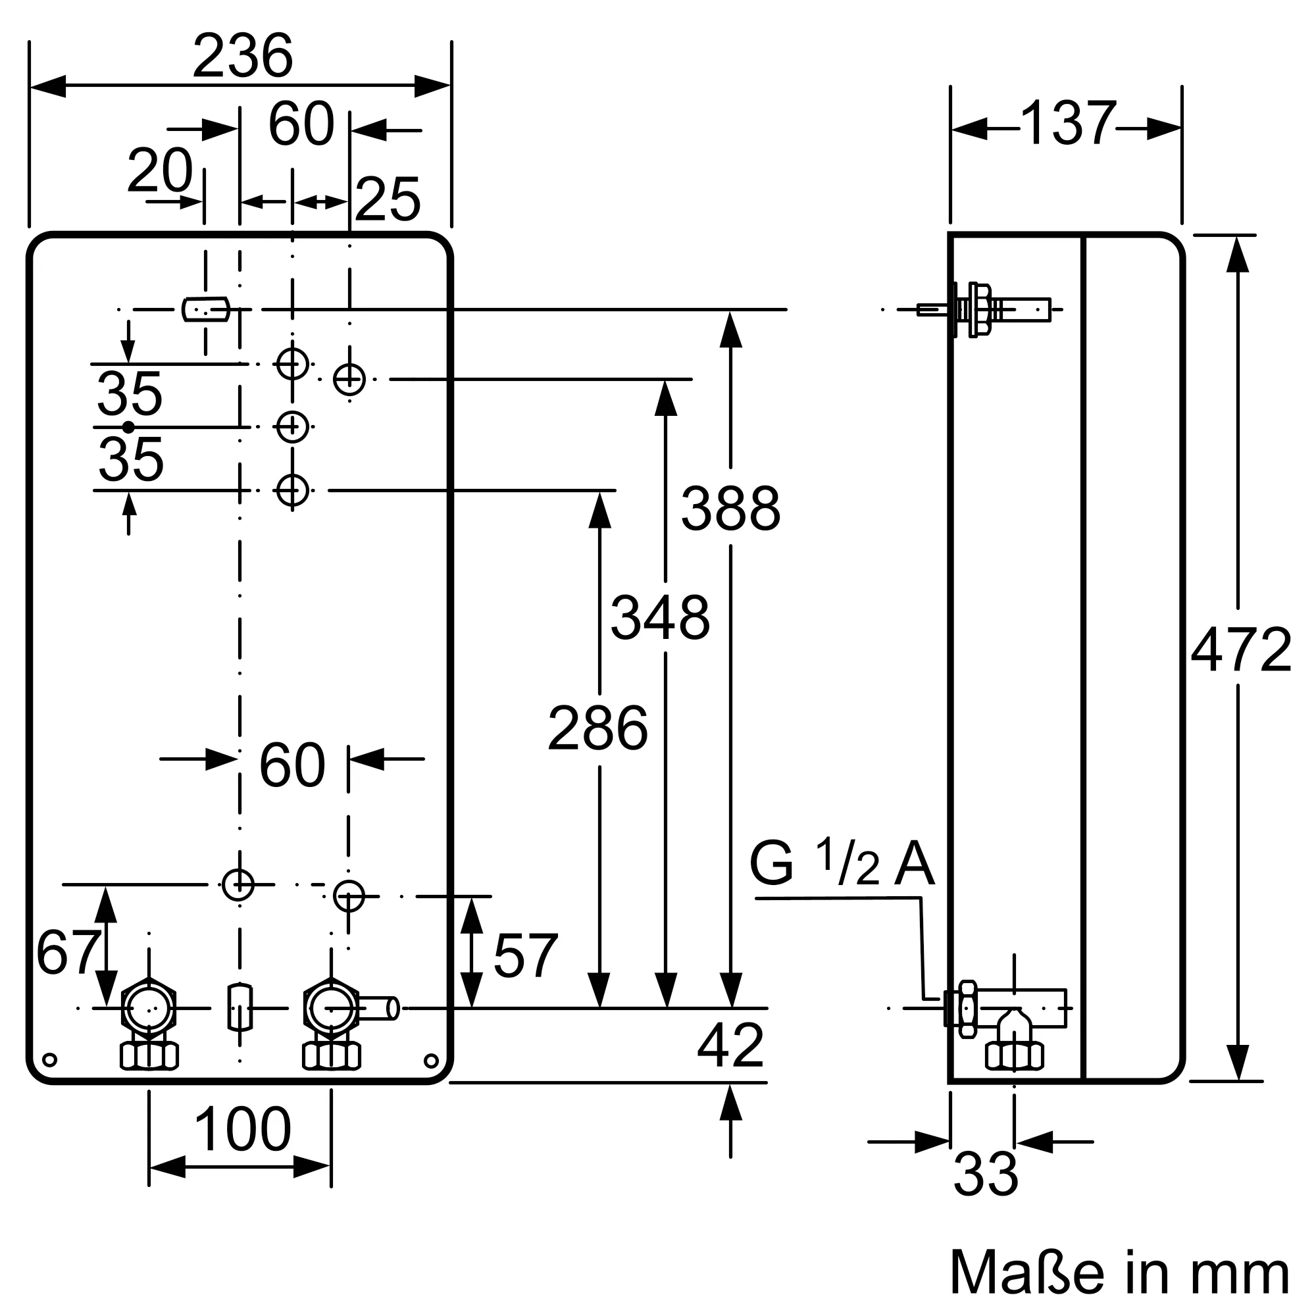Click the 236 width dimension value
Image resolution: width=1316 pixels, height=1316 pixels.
(x=243, y=57)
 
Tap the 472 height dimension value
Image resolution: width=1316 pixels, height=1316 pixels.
(x=1240, y=651)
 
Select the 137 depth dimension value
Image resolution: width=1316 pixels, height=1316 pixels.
(x=1067, y=124)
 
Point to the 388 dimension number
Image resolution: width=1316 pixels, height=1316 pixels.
(x=730, y=509)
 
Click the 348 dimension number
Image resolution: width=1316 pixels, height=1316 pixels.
(x=660, y=619)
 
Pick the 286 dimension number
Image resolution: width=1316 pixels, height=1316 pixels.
(x=597, y=730)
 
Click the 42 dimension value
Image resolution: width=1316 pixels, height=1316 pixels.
(x=730, y=1046)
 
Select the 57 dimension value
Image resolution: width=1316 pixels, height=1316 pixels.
(x=525, y=956)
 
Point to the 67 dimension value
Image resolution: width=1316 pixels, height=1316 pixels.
(x=67, y=953)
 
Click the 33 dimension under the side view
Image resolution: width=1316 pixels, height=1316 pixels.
(x=985, y=1175)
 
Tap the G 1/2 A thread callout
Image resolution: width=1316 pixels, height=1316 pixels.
(x=841, y=864)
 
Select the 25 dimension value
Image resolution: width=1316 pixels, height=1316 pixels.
(x=388, y=199)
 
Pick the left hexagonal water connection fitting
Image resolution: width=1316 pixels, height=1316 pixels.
(x=149, y=1009)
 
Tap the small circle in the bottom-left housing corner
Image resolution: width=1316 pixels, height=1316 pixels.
(x=49, y=1061)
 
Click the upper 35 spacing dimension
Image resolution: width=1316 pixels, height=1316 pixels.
(x=130, y=394)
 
